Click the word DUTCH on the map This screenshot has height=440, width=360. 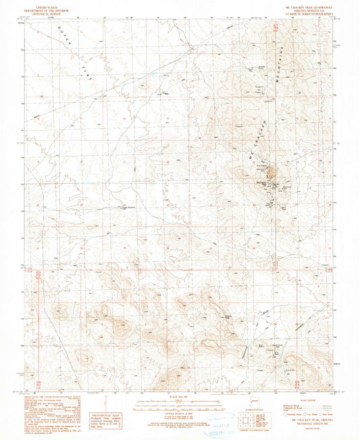pos(68,33)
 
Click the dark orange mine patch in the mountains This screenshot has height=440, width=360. pos(273,178)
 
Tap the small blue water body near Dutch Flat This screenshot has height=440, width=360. pos(154,72)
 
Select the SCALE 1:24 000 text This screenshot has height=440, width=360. pos(178,397)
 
